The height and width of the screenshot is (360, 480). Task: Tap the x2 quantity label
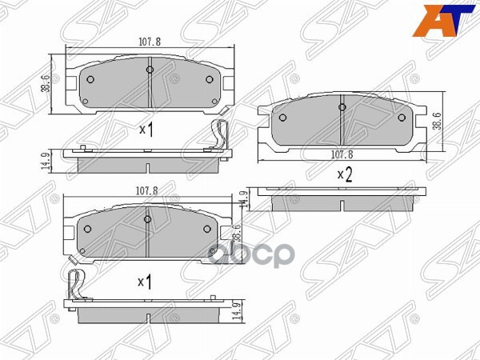coord(345,174)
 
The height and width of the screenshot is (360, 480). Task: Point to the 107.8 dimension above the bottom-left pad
coord(145,191)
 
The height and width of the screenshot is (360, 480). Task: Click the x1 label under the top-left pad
coord(146,130)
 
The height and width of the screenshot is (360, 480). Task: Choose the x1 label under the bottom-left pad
coord(145,282)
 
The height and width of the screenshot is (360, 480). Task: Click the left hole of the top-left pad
coord(90,79)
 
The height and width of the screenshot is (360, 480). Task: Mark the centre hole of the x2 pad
coord(342,107)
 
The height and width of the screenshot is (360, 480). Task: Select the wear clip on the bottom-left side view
coord(74,283)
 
